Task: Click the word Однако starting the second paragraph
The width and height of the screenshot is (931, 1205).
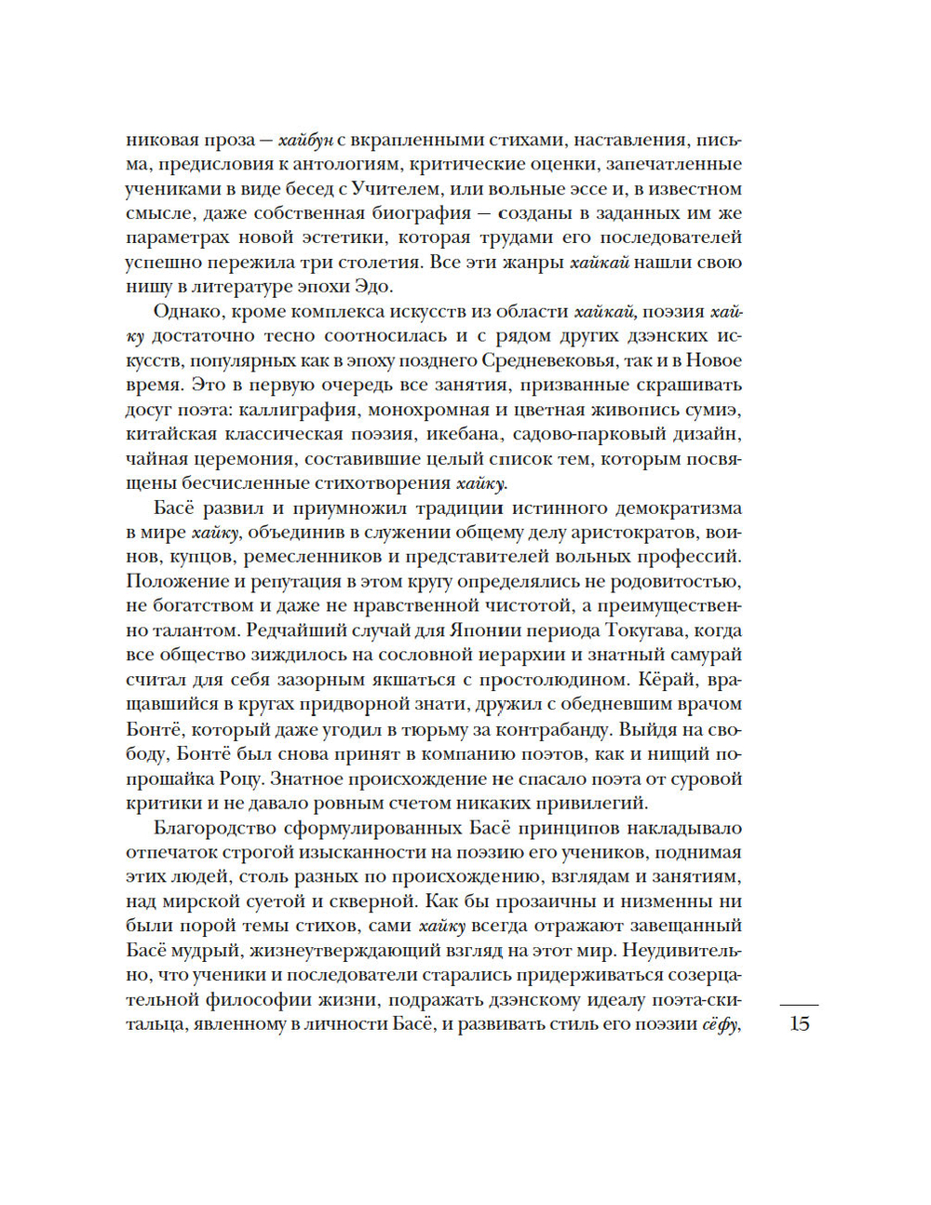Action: point(189,311)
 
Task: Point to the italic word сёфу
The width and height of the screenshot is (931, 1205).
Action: point(720,1024)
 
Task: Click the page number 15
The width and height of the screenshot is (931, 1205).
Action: point(799,1024)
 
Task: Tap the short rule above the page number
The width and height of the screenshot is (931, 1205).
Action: point(799,1005)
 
